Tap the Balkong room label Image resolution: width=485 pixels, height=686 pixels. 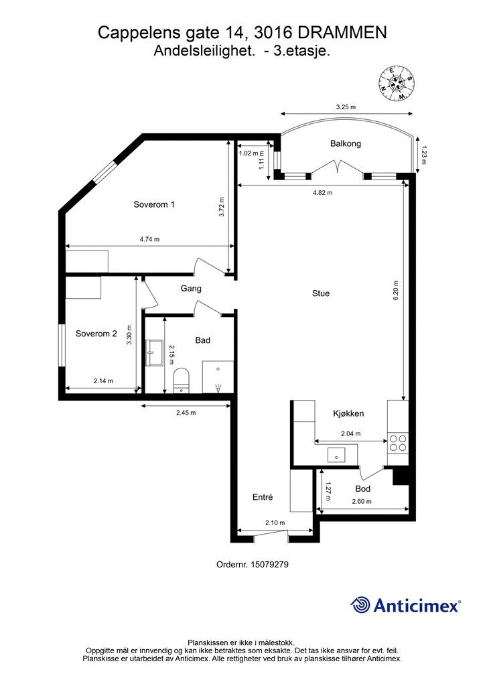[346, 143]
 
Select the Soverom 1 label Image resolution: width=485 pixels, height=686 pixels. [154, 204]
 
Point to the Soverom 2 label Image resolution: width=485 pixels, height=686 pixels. [96, 334]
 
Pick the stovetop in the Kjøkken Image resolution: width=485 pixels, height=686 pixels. [398, 443]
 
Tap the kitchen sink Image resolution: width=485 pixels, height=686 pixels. [336, 455]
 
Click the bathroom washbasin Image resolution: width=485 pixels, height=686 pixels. [154, 352]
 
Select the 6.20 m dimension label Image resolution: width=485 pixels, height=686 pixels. [396, 291]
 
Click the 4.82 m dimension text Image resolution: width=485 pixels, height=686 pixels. [323, 192]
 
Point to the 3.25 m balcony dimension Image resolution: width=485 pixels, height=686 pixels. [346, 107]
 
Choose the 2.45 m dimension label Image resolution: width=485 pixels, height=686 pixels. [186, 413]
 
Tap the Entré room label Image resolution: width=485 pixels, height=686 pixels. [263, 497]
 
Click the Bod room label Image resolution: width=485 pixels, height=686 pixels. [363, 488]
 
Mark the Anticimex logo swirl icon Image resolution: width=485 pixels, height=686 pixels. [360, 605]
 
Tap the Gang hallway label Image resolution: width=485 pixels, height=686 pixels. [191, 289]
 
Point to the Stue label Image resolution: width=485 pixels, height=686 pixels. [321, 293]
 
